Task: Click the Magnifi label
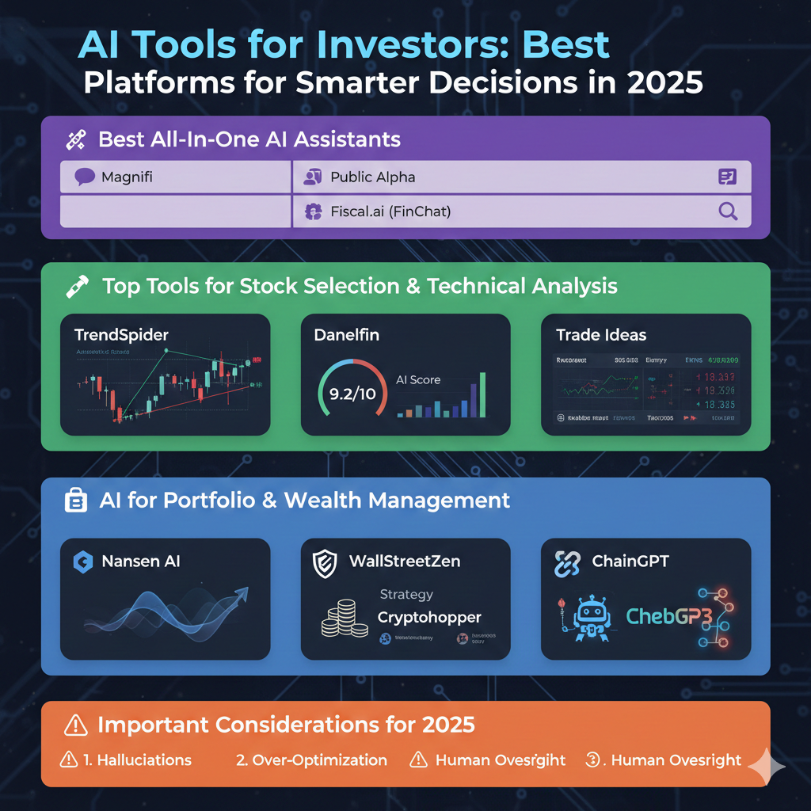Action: tap(127, 177)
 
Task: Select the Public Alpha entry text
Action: tap(372, 177)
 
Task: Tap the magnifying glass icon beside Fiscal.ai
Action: tap(727, 211)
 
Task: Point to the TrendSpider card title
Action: tap(121, 334)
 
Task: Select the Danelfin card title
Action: tap(347, 334)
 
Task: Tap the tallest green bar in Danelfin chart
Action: tap(482, 394)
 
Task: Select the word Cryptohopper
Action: tap(429, 617)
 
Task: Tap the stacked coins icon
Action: tap(345, 620)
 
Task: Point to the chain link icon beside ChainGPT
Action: tap(567, 563)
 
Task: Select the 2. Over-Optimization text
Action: tap(311, 760)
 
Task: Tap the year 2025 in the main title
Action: tap(664, 83)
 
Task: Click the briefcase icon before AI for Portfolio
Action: tap(76, 501)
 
